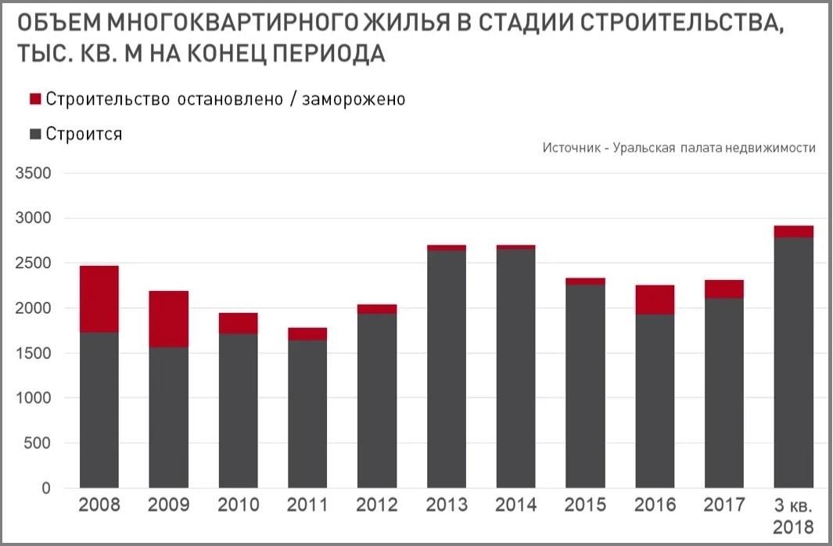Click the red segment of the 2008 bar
(x=99, y=299)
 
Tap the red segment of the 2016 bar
(x=654, y=300)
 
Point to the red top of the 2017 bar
(x=723, y=289)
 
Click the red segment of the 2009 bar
(x=168, y=318)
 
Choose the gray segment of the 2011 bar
(x=307, y=414)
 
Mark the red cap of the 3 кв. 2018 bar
(x=792, y=232)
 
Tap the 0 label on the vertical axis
(x=45, y=489)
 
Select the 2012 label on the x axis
(x=376, y=505)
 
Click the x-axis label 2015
(x=584, y=505)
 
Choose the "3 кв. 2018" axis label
(x=792, y=514)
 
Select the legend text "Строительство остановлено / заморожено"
(x=225, y=99)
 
